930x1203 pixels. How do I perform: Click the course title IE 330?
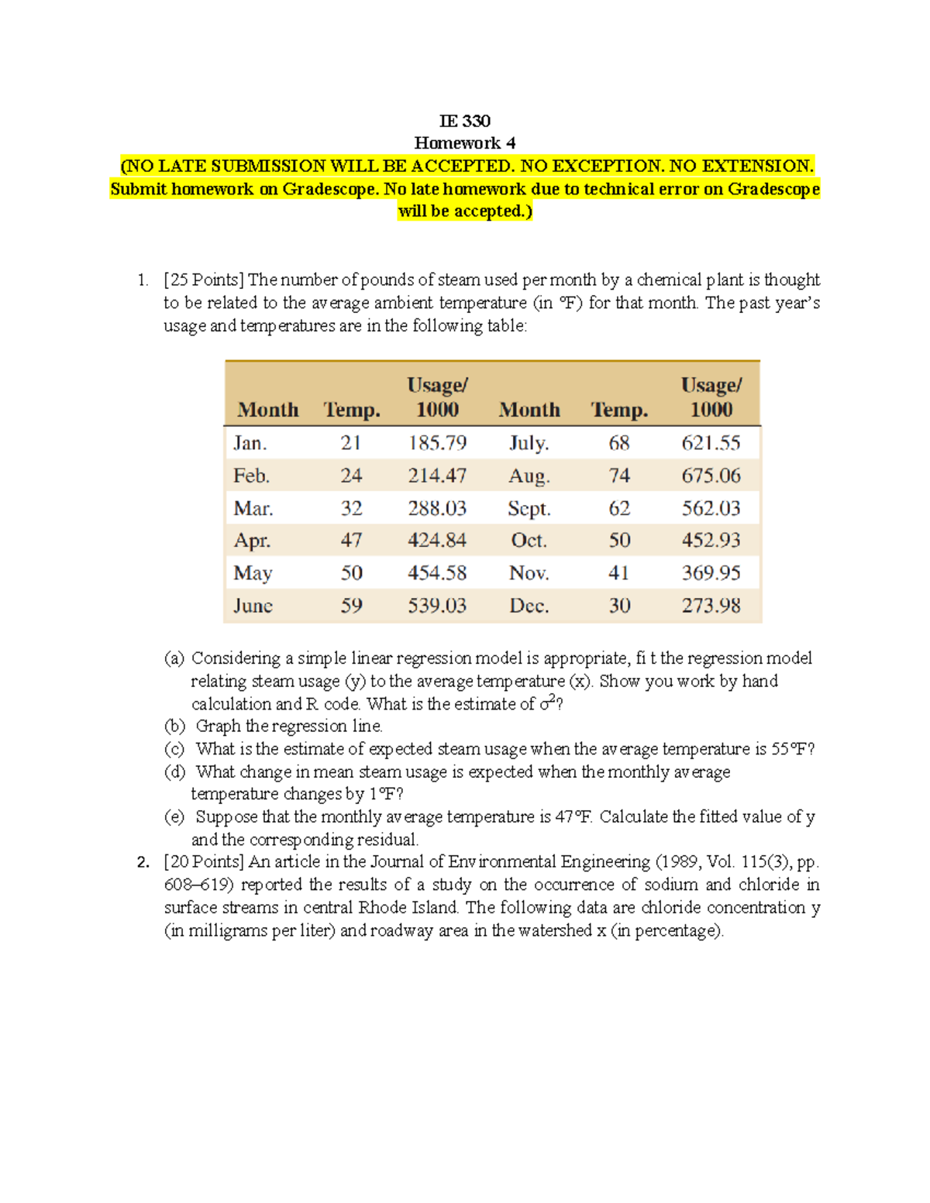pyautogui.click(x=464, y=121)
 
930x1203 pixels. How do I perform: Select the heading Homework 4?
pyautogui.click(x=464, y=143)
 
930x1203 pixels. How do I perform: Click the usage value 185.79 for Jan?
pyautogui.click(x=437, y=443)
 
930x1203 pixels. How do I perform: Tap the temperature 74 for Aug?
pyautogui.click(x=618, y=476)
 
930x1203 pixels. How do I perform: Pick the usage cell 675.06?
pyautogui.click(x=711, y=476)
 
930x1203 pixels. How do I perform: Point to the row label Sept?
pyautogui.click(x=529, y=509)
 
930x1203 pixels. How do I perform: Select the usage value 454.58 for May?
pyautogui.click(x=437, y=573)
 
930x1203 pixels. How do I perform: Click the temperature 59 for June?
pyautogui.click(x=351, y=606)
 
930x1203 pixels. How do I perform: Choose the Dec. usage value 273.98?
pyautogui.click(x=711, y=606)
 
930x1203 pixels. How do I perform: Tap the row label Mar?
pyautogui.click(x=253, y=509)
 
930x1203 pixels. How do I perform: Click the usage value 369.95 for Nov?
pyautogui.click(x=711, y=573)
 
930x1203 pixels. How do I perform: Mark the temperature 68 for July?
pyautogui.click(x=618, y=443)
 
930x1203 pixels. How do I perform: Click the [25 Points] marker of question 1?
pyautogui.click(x=204, y=280)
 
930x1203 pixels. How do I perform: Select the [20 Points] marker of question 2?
pyautogui.click(x=204, y=862)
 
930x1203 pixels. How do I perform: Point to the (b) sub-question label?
pyautogui.click(x=175, y=727)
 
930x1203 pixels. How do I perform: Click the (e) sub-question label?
pyautogui.click(x=175, y=817)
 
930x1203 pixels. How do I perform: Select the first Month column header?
pyautogui.click(x=267, y=410)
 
